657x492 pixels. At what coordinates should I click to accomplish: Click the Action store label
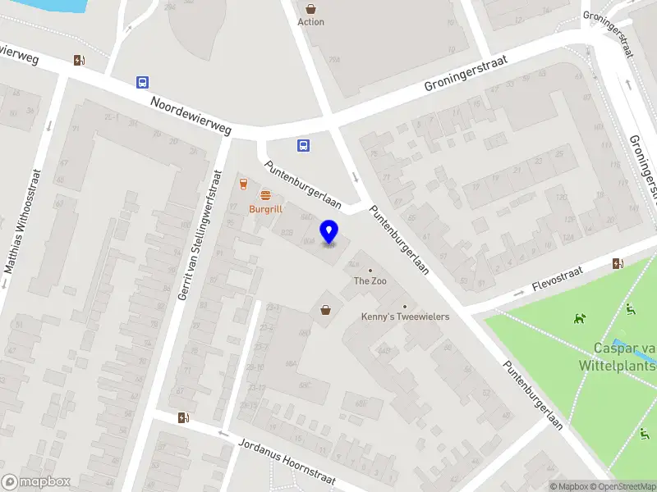click(x=310, y=22)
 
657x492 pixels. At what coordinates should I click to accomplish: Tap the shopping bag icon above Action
click(x=310, y=7)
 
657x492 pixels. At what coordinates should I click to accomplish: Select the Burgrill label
click(x=265, y=209)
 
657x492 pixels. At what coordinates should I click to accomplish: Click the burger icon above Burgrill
click(x=265, y=195)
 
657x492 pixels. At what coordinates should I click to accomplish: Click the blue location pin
click(x=329, y=232)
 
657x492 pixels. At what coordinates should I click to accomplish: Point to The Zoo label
click(x=370, y=281)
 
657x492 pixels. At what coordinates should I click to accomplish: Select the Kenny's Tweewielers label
click(x=405, y=317)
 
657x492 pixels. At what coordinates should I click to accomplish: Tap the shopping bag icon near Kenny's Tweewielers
click(x=326, y=309)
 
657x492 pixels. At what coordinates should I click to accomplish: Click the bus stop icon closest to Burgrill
click(x=303, y=146)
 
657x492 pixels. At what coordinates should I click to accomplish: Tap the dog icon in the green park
click(x=581, y=318)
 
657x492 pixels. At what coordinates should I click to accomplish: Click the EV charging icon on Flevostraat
click(x=618, y=263)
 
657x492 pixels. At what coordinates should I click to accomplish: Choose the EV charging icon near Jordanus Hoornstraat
click(x=183, y=417)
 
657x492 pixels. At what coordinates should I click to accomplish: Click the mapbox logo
click(x=36, y=482)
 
